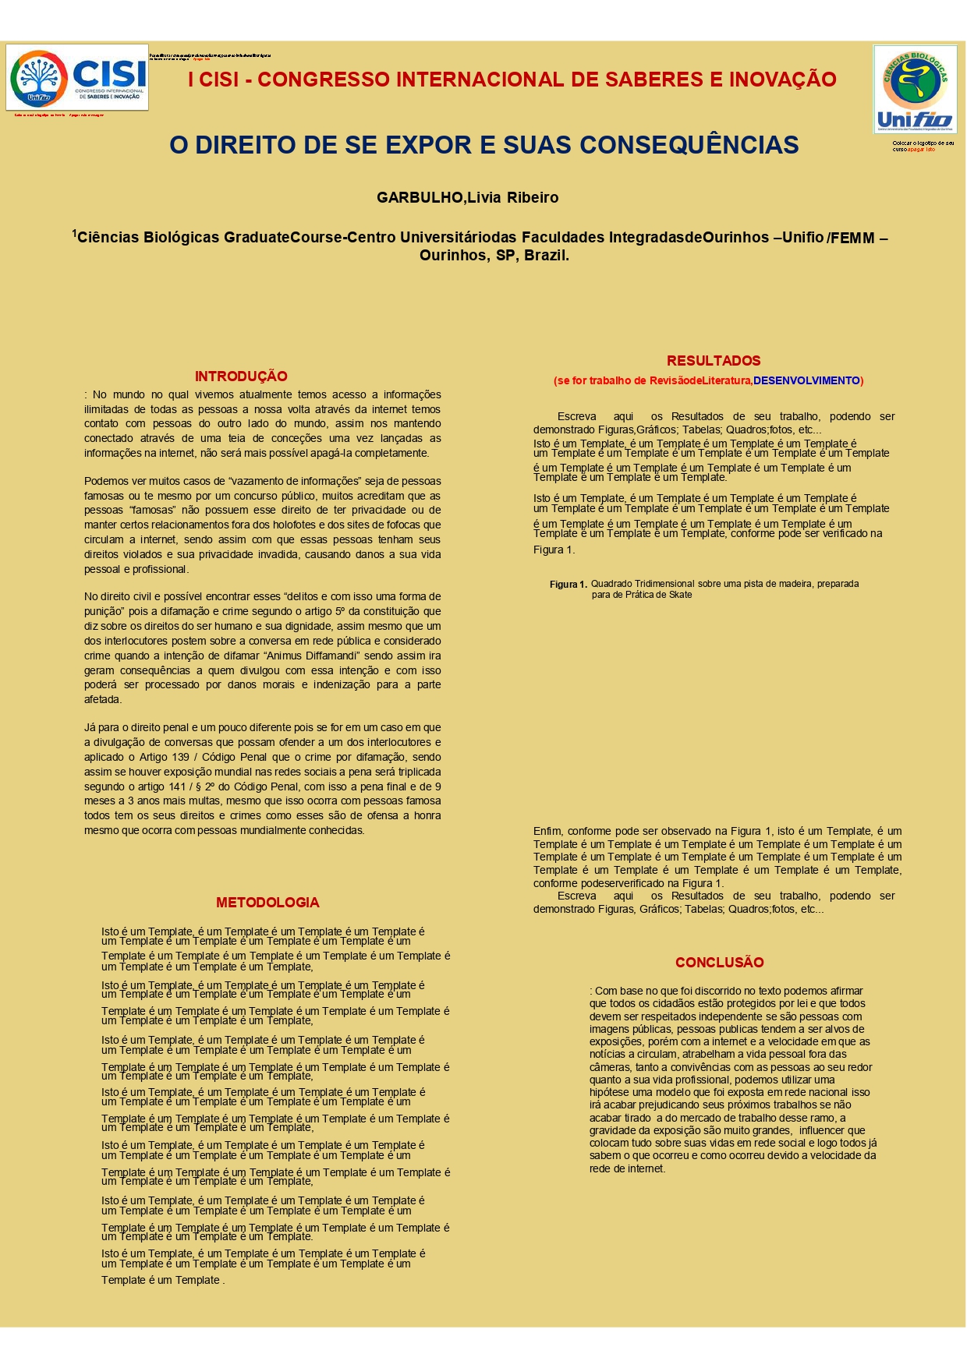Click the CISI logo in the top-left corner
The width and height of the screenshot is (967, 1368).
pyautogui.click(x=77, y=77)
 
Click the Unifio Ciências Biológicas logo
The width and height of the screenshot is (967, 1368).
pyautogui.click(x=915, y=89)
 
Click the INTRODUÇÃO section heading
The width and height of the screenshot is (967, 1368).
pyautogui.click(x=241, y=376)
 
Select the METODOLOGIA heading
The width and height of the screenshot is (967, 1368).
pyautogui.click(x=267, y=903)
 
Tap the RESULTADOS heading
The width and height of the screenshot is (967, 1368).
pyautogui.click(x=714, y=361)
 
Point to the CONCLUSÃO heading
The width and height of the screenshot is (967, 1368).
pyautogui.click(x=719, y=963)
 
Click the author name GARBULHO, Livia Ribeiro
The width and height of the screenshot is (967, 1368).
pyautogui.click(x=467, y=198)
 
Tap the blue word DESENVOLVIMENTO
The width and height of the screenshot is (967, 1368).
pyautogui.click(x=806, y=381)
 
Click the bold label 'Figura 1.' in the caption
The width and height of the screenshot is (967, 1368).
pyautogui.click(x=568, y=585)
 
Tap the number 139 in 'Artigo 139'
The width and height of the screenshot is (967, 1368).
pyautogui.click(x=180, y=757)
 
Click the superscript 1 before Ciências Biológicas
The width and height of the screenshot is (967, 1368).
pyautogui.click(x=75, y=233)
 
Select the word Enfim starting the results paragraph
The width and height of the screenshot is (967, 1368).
pyautogui.click(x=547, y=832)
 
